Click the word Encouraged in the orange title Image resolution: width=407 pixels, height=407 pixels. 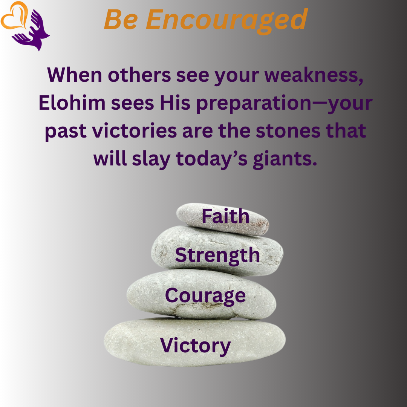coord(226,20)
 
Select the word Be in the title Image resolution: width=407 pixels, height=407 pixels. coord(121,20)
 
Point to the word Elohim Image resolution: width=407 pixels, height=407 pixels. coord(72,103)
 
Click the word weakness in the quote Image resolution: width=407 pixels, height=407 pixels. coord(314,75)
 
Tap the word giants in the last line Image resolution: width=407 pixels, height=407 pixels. coord(285,159)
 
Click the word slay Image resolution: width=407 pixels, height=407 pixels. coord(151,159)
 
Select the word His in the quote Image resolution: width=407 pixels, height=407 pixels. coord(175,103)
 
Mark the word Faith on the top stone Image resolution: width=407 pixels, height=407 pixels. coord(225,216)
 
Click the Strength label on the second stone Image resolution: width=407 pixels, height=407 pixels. coord(217,256)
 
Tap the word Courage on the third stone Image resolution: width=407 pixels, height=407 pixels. coord(205,296)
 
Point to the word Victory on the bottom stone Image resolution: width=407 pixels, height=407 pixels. coord(195,346)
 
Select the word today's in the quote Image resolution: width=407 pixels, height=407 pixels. coord(212,159)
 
